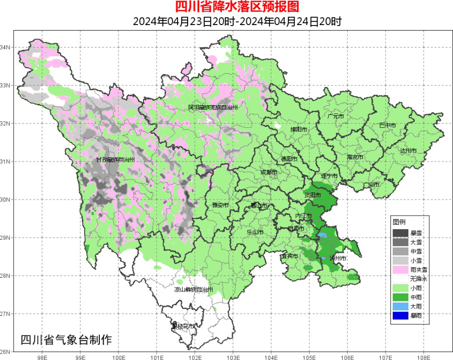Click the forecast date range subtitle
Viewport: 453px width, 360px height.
[x=237, y=22]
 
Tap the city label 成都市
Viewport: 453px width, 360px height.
[x=269, y=172]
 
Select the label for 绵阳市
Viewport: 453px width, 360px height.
[x=299, y=129]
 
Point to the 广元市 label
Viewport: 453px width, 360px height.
[x=335, y=116]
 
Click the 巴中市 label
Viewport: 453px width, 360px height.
[x=387, y=125]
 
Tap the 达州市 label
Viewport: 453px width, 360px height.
[x=408, y=150]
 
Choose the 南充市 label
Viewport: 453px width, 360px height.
[x=356, y=157]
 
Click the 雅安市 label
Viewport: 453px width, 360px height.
[x=221, y=205]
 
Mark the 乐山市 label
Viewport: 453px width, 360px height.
[x=255, y=232]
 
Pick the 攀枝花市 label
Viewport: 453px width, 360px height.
[x=183, y=326]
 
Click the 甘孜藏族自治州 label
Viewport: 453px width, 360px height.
[x=116, y=159]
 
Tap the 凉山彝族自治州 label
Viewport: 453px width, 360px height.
[x=194, y=290]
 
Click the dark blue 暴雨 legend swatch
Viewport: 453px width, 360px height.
[x=400, y=315]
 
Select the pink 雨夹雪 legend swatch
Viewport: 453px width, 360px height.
[x=400, y=270]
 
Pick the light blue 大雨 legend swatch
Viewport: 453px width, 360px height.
[x=400, y=306]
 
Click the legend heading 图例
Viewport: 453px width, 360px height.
[x=399, y=222]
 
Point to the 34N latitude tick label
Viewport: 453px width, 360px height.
[x=6, y=47]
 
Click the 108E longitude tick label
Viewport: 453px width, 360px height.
[x=423, y=358]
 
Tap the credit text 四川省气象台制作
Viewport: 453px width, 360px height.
[x=66, y=339]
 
